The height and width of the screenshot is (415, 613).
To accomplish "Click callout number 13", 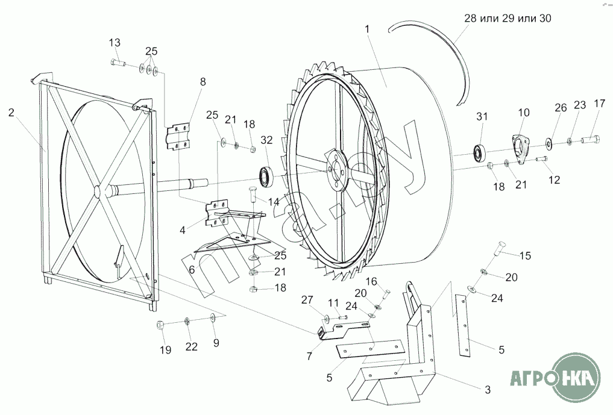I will pyautogui.click(x=115, y=42).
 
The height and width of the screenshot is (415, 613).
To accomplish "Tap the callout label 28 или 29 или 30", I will pyautogui.click(x=508, y=19).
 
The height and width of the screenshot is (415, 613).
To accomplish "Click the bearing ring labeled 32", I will pyautogui.click(x=265, y=176).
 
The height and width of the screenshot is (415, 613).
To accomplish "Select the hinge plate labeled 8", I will pyautogui.click(x=179, y=136).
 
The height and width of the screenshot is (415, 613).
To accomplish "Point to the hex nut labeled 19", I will pyautogui.click(x=160, y=325).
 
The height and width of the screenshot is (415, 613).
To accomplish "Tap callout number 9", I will pyautogui.click(x=216, y=343).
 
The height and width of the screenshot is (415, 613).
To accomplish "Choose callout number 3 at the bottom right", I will pyautogui.click(x=488, y=388).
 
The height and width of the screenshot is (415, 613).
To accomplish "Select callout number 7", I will pyautogui.click(x=309, y=355).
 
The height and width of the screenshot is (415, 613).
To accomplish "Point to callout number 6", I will pyautogui.click(x=192, y=269).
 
